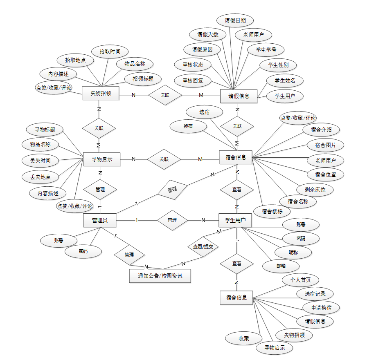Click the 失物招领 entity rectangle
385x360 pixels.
coord(100,93)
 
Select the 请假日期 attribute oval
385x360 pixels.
coord(235,20)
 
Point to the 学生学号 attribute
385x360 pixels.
coord(266,50)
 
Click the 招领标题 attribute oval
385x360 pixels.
coord(143,79)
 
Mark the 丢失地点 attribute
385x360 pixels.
coord(40,177)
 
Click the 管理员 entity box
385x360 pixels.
coord(99,220)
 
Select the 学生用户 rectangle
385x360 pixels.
coord(235,220)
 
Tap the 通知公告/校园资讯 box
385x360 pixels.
coord(160,276)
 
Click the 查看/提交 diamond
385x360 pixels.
coord(203,247)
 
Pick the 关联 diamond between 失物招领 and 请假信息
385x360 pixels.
coord(165,95)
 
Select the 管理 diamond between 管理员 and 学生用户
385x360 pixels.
coord(172,220)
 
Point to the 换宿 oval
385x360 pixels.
coord(189,126)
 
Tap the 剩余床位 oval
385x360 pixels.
coord(315,190)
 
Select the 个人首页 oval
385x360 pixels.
coord(300,280)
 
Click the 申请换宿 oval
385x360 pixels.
coord(321,307)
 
